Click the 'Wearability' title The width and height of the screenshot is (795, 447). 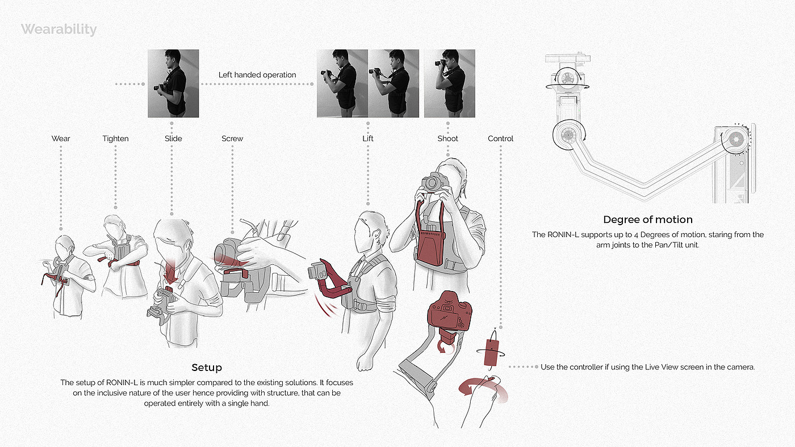point(59,29)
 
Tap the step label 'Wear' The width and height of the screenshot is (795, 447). point(61,138)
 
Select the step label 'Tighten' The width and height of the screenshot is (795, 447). point(115,139)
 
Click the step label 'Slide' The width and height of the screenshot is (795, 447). point(173,138)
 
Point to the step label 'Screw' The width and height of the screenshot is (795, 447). point(232,138)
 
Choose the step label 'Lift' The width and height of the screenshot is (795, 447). point(368,138)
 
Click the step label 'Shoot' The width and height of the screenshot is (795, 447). point(447,138)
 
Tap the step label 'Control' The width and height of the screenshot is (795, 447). point(500,138)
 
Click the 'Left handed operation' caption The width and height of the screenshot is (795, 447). point(257,75)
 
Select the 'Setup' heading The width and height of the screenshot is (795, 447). point(207,368)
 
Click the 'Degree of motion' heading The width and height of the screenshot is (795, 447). point(648,220)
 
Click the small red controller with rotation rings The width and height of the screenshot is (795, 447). point(491,353)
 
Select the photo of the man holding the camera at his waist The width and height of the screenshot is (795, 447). point(173,83)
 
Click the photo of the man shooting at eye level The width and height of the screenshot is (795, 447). point(450,83)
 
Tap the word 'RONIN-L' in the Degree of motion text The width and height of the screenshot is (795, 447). point(563,235)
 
